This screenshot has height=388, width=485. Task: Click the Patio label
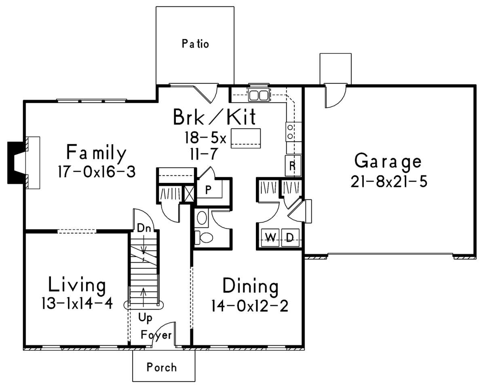[x=195, y=44]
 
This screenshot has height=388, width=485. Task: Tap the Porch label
[x=162, y=367]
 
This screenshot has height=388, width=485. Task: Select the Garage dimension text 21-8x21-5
[x=389, y=182]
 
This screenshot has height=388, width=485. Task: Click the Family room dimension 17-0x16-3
[x=97, y=172]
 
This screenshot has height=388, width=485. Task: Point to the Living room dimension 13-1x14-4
[x=77, y=303]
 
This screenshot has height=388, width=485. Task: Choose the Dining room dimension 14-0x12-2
[x=249, y=306]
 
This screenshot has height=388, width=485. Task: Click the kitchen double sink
[x=259, y=95]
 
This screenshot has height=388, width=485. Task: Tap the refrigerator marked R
[x=293, y=165]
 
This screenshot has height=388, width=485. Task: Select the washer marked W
[x=270, y=238]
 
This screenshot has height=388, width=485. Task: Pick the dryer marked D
[x=290, y=238]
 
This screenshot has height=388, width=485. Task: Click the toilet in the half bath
[x=204, y=237]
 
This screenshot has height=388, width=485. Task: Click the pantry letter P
[x=208, y=190]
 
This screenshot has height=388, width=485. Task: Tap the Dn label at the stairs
[x=144, y=228]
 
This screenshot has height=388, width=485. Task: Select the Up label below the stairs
[x=145, y=318]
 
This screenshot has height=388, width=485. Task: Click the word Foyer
[x=156, y=335]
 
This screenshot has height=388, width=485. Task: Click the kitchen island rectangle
[x=246, y=138]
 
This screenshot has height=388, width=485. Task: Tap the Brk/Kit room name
[x=214, y=117]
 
